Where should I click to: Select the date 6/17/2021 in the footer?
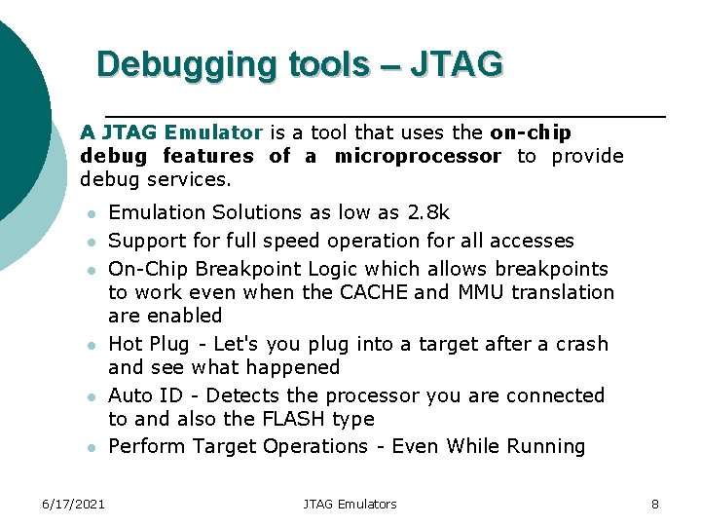click(74, 504)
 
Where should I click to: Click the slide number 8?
click(655, 504)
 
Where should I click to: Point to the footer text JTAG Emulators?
click(350, 504)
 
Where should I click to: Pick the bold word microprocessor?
click(418, 156)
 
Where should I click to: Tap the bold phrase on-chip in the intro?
click(531, 132)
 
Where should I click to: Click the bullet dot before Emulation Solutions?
click(90, 213)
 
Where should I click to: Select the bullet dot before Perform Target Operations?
click(90, 448)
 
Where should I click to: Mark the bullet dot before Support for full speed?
click(90, 242)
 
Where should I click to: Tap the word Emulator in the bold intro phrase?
click(213, 132)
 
